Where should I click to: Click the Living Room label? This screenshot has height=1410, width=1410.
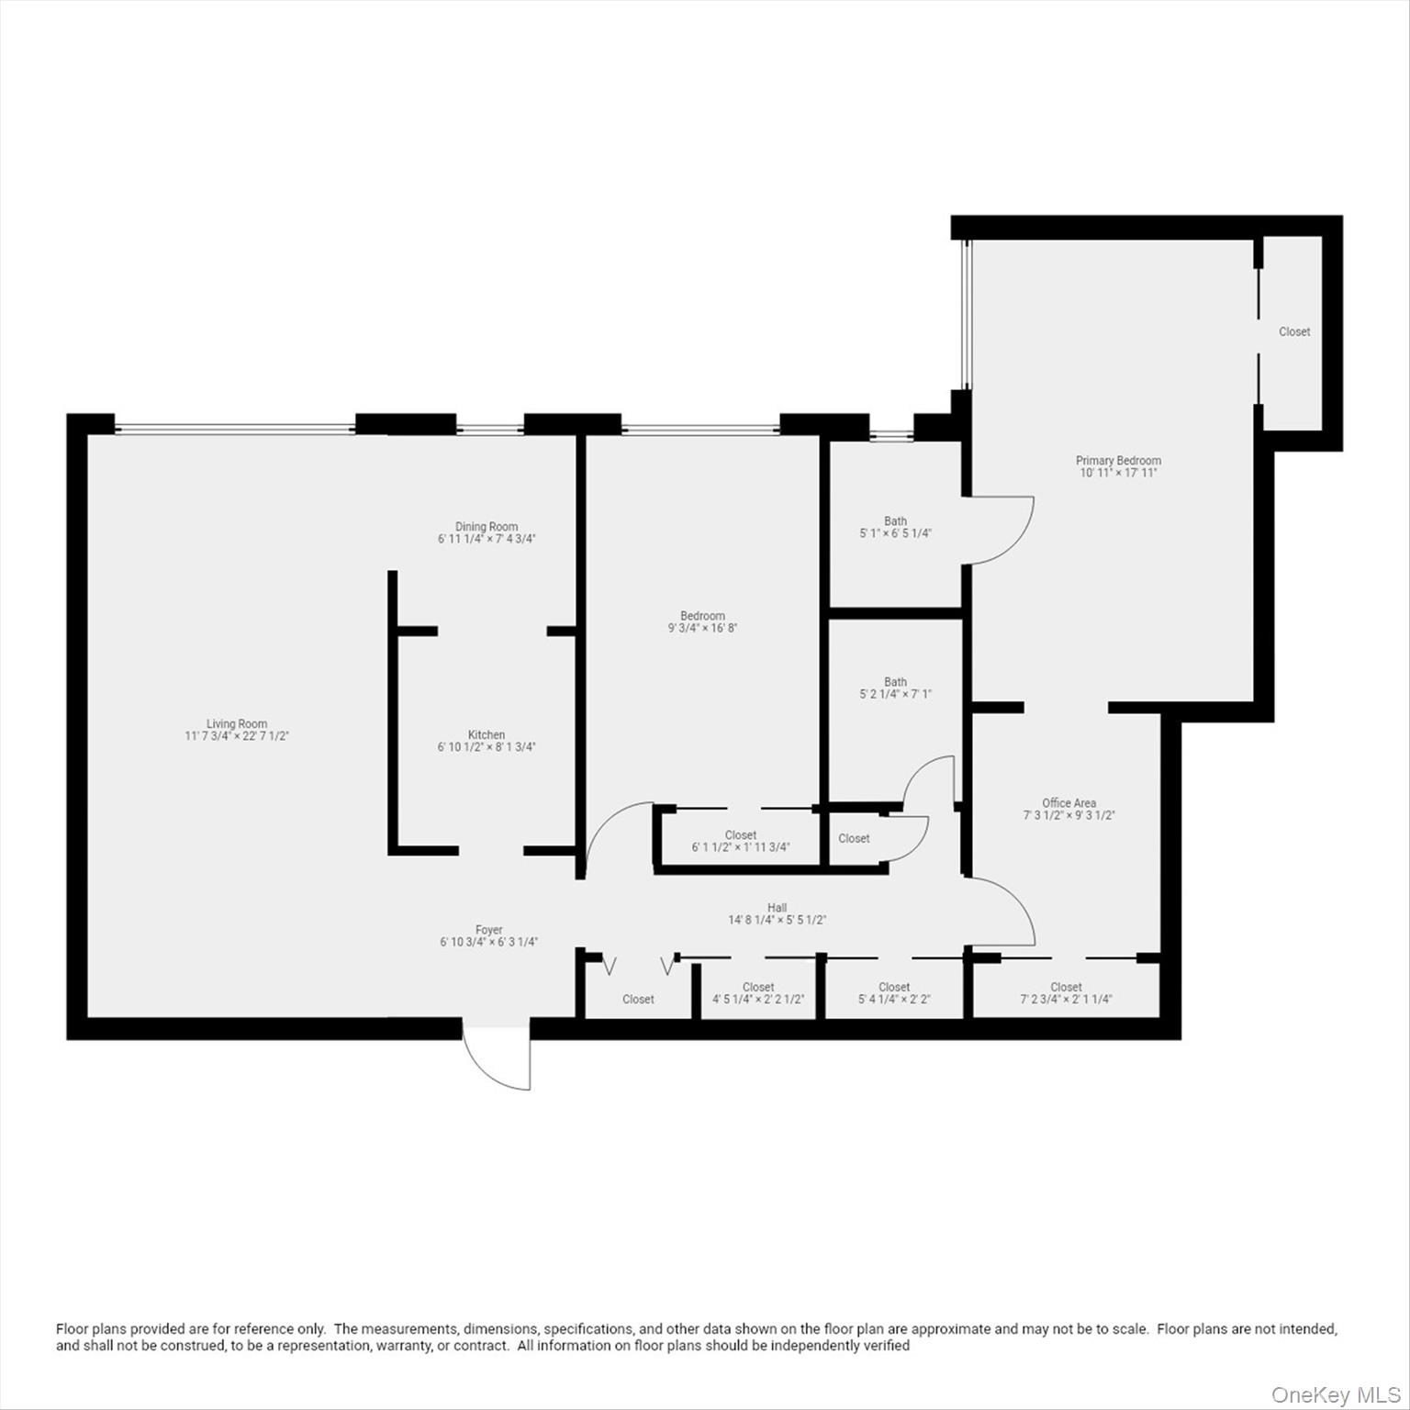(237, 724)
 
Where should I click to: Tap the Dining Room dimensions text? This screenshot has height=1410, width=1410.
(487, 540)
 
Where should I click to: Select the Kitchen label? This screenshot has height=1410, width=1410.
(487, 735)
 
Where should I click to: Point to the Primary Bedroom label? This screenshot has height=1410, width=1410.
(1118, 461)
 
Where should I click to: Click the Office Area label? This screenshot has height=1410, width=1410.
(1069, 803)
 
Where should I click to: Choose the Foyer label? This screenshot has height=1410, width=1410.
(488, 930)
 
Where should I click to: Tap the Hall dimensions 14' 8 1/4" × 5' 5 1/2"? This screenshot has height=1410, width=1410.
(778, 920)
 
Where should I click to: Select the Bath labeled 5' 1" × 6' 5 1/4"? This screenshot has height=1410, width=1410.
(895, 528)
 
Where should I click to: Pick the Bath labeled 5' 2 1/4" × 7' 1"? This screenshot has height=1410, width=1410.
(895, 688)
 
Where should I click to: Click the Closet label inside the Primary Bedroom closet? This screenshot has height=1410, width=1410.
(1294, 332)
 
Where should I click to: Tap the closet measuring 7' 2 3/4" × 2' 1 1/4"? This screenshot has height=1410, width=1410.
(1066, 993)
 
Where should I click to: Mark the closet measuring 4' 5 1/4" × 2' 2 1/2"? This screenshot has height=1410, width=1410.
(758, 993)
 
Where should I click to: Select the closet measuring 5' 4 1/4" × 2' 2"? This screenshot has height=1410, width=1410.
(894, 993)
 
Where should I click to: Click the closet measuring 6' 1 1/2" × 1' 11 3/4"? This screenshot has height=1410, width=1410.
(740, 842)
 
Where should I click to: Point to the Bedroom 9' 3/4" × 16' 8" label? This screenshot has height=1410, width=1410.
(702, 622)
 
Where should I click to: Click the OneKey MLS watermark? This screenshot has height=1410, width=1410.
(1335, 1395)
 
